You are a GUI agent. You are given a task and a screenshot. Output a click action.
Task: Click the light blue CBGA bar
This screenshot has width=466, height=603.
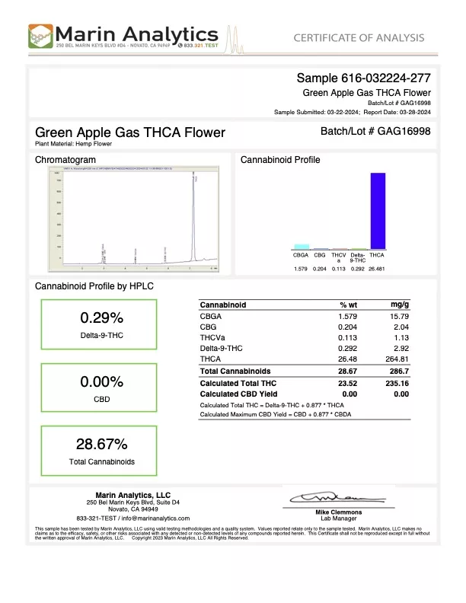pyautogui.click(x=302, y=247)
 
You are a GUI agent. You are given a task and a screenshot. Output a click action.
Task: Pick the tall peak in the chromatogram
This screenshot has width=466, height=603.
pyautogui.click(x=194, y=221)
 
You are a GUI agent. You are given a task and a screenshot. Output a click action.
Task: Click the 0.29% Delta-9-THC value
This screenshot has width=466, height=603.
pyautogui.click(x=101, y=317)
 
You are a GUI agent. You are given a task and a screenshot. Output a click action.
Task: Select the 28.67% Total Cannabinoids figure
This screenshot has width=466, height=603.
pyautogui.click(x=101, y=445)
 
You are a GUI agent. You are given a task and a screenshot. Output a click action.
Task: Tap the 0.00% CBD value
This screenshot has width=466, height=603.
pyautogui.click(x=101, y=381)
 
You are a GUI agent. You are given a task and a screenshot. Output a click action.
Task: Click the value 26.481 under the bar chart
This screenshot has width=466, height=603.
pyautogui.click(x=377, y=269)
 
